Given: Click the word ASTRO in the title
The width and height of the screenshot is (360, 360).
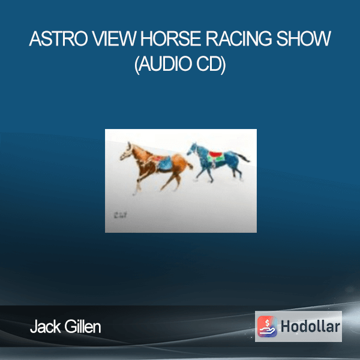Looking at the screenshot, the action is [x=58, y=38].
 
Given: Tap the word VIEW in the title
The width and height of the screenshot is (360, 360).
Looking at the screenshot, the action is [x=114, y=38].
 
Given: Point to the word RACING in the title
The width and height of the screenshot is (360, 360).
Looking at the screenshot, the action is [x=239, y=38].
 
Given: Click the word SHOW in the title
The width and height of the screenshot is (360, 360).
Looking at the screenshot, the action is [x=304, y=38].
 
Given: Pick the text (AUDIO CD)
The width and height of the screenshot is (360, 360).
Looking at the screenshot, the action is [x=180, y=64].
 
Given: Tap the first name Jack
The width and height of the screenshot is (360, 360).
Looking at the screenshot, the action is [x=45, y=327].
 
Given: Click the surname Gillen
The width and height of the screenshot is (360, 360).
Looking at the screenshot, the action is [x=83, y=327].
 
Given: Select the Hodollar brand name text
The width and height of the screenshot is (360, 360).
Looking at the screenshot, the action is [x=310, y=326].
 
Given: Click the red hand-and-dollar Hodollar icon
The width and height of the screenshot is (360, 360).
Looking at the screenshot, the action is [x=267, y=326].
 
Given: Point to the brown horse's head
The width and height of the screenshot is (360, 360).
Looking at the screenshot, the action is [x=127, y=152].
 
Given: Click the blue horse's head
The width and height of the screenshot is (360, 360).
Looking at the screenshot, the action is [x=193, y=149].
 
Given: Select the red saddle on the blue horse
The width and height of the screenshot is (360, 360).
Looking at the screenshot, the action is [x=215, y=154].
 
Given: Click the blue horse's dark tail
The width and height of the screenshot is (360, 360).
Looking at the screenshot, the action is [x=244, y=157].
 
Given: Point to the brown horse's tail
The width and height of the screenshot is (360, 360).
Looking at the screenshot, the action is [x=190, y=164].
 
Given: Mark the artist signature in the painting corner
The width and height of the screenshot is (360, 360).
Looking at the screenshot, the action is [x=120, y=215].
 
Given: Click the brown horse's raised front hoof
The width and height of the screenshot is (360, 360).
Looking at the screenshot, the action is [x=134, y=193].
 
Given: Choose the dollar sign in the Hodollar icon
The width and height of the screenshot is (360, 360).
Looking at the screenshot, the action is [x=267, y=323].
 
